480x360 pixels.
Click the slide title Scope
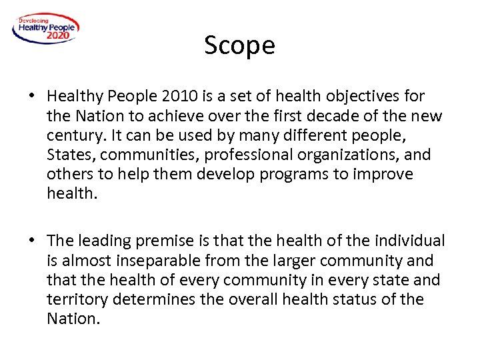[x=239, y=45]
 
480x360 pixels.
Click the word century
[x=75, y=136]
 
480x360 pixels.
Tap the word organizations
[x=354, y=155]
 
